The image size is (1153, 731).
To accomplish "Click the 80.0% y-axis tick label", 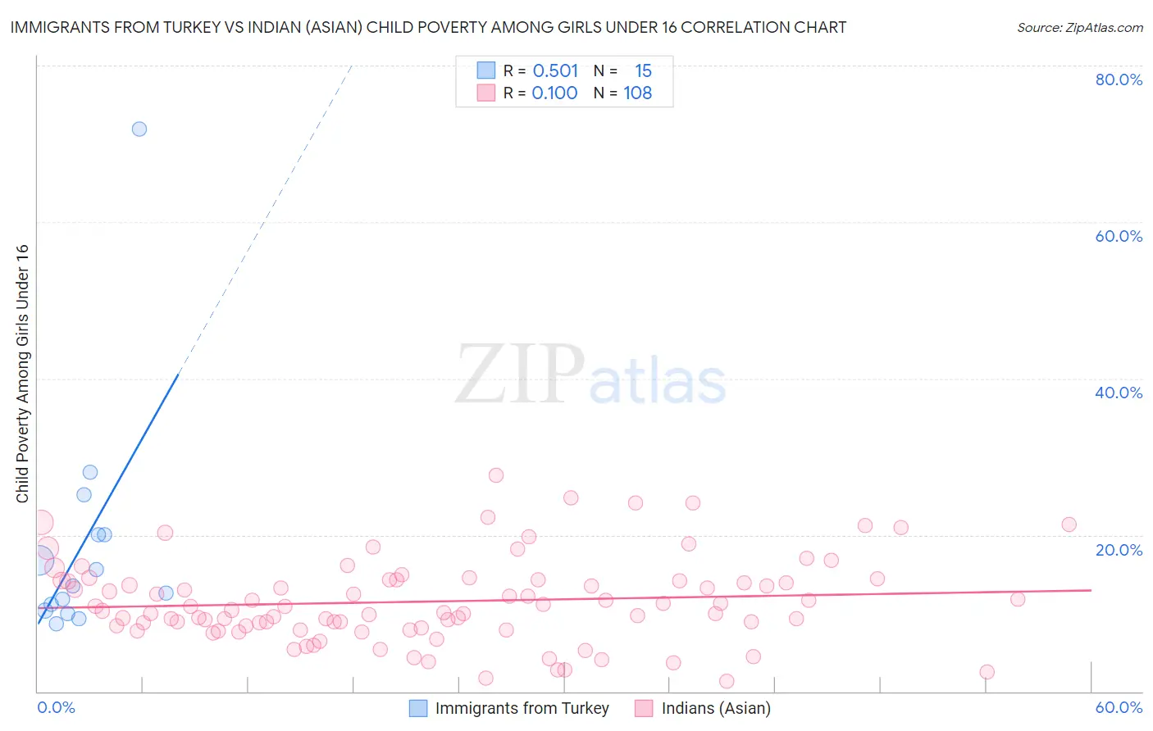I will point(1119,79).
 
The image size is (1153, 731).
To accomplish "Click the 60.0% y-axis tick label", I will point(1119,236).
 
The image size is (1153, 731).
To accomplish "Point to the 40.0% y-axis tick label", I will point(1119,393).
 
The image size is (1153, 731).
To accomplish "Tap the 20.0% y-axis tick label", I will point(1119,550).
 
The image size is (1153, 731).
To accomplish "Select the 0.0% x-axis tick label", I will point(56,707).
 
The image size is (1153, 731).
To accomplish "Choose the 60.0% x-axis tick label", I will point(1119,707).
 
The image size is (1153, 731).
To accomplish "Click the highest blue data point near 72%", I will point(139,129).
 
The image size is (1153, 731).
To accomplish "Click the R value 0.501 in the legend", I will point(555,70).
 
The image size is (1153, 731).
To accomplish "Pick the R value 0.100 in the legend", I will point(554,93).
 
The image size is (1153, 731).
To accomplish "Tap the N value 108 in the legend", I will point(637,93).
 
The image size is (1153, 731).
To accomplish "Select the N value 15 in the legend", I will point(643,70).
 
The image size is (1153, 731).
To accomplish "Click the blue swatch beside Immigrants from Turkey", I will point(418,708).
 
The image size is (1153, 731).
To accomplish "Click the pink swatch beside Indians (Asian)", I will point(644,708).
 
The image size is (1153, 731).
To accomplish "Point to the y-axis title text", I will point(22,374).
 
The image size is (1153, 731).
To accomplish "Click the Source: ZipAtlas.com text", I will point(1079,28).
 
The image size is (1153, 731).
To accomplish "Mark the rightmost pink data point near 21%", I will point(1069,524).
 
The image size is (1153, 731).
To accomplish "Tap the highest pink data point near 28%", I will point(495,475).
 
